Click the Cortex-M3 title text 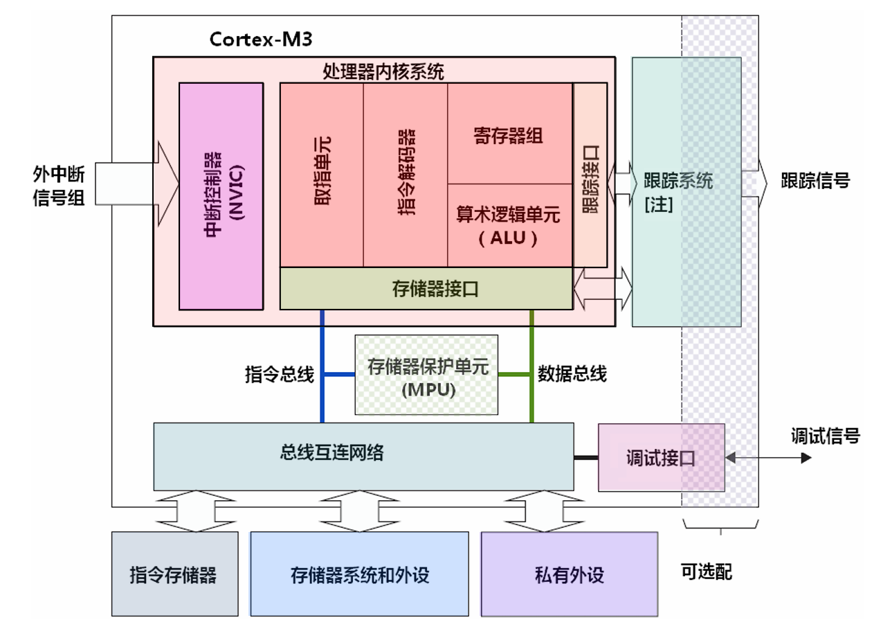coord(261,39)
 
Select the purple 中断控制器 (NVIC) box coord(221,195)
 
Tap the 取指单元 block coord(322,175)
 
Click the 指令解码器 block coord(406,175)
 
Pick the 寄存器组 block coord(509,134)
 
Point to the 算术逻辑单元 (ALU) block coord(509,225)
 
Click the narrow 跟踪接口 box coord(590,175)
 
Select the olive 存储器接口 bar coord(426,288)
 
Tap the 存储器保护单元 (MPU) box coord(427,375)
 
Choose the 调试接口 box coord(660,458)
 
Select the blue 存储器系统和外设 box coord(360,574)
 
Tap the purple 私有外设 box coord(569,574)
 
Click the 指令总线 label coord(280,375)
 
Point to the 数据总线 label coord(572,375)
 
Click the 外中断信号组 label coord(58,184)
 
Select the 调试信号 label coord(825,436)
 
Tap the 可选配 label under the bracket coord(707,572)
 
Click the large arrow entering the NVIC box coord(131,184)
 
